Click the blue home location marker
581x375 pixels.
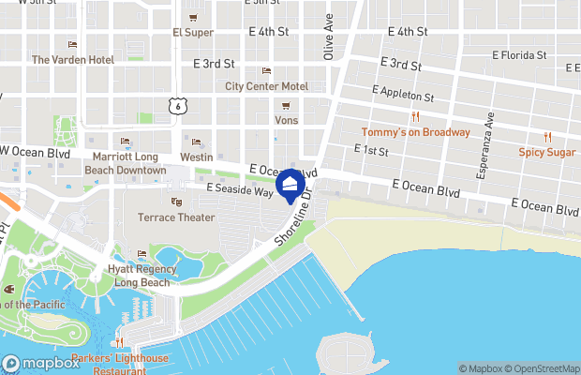pyautogui.click(x=290, y=185)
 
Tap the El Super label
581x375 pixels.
pyautogui.click(x=193, y=32)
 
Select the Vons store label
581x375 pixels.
pyautogui.click(x=287, y=120)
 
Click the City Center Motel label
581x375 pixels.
pyautogui.click(x=266, y=86)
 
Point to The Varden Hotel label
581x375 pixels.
pyautogui.click(x=73, y=59)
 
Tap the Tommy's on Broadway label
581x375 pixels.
pyautogui.click(x=416, y=132)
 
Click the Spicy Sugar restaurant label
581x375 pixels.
pyautogui.click(x=548, y=151)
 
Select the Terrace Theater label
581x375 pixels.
pyautogui.click(x=176, y=217)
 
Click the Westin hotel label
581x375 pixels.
pyautogui.click(x=196, y=157)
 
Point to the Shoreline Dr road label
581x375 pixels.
pyautogui.click(x=292, y=228)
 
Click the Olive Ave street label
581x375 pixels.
pyautogui.click(x=329, y=37)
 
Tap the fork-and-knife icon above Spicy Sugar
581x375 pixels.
pyautogui.click(x=548, y=137)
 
